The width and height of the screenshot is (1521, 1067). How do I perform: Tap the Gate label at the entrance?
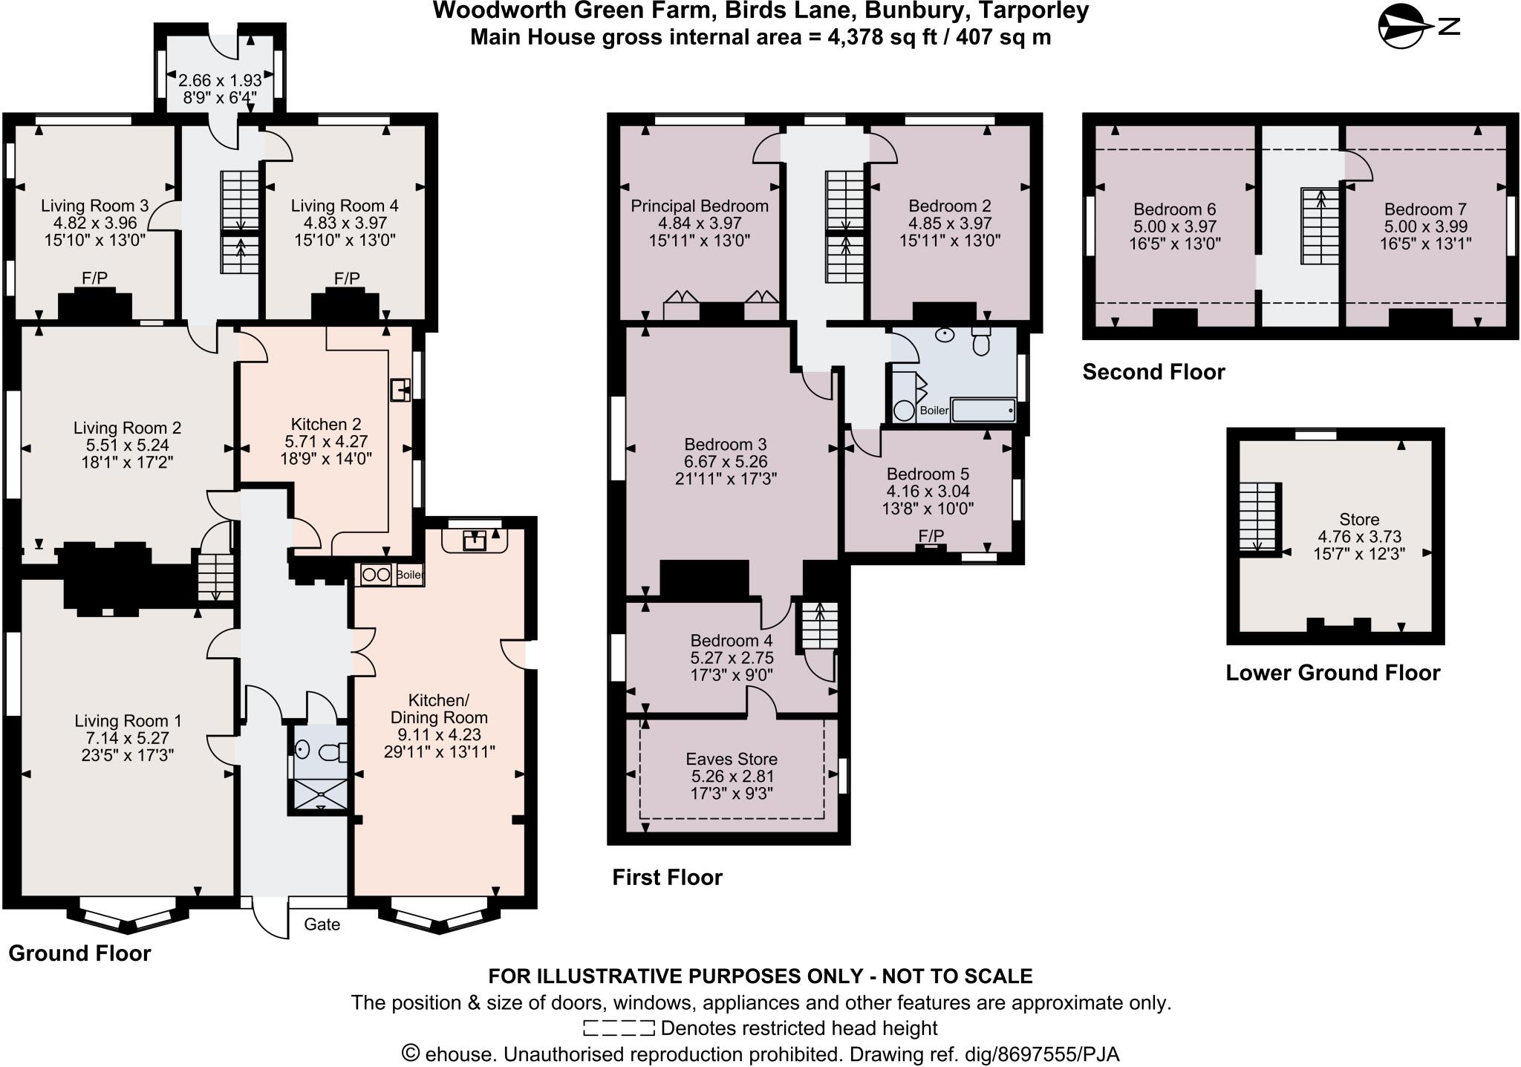[322, 924]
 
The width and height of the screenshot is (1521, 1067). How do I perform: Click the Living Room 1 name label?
[128, 720]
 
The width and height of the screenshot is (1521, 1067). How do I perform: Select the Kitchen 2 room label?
[326, 424]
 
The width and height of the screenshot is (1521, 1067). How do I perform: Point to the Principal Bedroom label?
[700, 206]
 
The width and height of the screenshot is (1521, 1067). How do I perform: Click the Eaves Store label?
[732, 759]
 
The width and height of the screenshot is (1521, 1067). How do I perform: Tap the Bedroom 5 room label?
[928, 474]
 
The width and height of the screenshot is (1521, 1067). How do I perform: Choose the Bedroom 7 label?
[1425, 209]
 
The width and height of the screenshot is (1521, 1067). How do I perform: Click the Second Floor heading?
[1153, 371]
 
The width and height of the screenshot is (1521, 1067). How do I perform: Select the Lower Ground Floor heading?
[1332, 672]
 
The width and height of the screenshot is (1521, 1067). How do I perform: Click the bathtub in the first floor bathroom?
[983, 410]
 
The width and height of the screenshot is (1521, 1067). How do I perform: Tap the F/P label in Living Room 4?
[347, 278]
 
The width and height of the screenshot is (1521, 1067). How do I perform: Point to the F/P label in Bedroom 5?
[931, 535]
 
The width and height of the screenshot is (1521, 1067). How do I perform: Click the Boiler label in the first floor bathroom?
[934, 411]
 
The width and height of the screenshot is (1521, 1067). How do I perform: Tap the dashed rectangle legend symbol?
[619, 1028]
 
